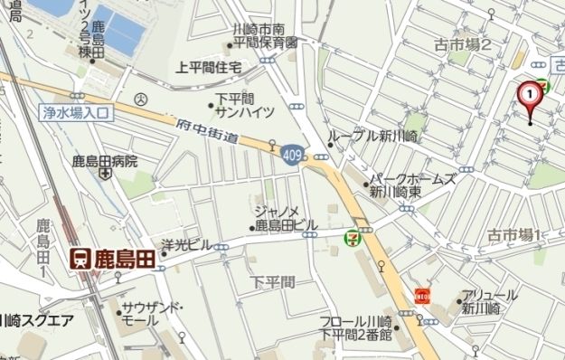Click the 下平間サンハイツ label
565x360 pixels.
click(240, 105)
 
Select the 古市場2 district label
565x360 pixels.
click(461, 44)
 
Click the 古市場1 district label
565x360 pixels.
click(513, 236)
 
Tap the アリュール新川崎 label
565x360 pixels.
click(488, 302)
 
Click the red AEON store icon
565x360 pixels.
click(420, 295)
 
